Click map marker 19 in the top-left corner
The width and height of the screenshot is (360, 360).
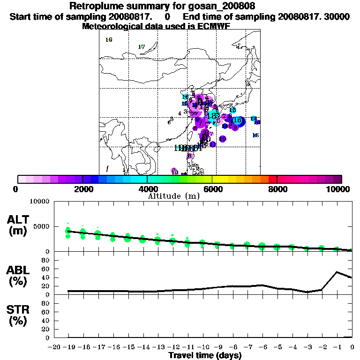pos(109,40)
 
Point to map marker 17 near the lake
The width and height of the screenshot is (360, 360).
pos(142,46)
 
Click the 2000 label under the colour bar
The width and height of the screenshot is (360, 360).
pos(82,189)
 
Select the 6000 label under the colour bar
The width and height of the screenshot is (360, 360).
pos(212,189)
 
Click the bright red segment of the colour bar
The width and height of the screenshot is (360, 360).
pos(273,179)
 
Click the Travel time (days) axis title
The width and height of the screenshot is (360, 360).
pos(205,355)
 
